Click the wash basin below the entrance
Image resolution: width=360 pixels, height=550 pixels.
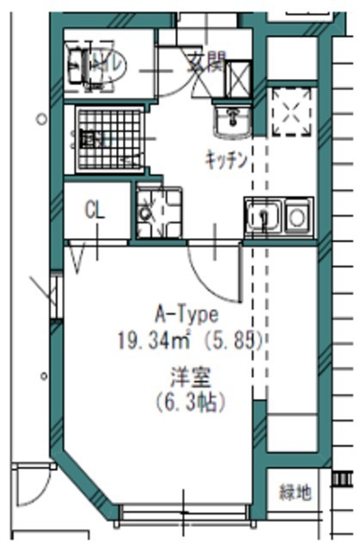[230, 122]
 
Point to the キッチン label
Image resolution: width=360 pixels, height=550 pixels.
[226, 159]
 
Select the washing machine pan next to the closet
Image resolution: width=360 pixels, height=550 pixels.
[159, 213]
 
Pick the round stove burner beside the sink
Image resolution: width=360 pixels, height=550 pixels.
[298, 216]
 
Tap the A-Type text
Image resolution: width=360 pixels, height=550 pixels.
[186, 314]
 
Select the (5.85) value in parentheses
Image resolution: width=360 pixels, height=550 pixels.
[233, 339]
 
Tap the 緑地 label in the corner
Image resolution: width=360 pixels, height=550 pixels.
[295, 492]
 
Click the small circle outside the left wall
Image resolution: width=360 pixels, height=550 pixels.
[40, 118]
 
